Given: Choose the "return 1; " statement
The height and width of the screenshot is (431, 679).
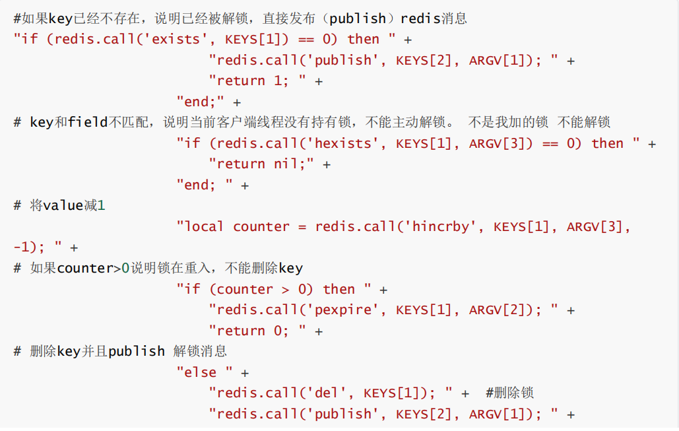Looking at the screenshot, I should (257, 81).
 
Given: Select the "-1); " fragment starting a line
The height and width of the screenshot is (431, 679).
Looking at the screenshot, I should (38, 248).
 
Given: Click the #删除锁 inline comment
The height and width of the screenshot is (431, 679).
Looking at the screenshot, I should (509, 393).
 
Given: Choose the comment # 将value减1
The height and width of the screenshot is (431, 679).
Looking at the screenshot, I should (59, 205).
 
